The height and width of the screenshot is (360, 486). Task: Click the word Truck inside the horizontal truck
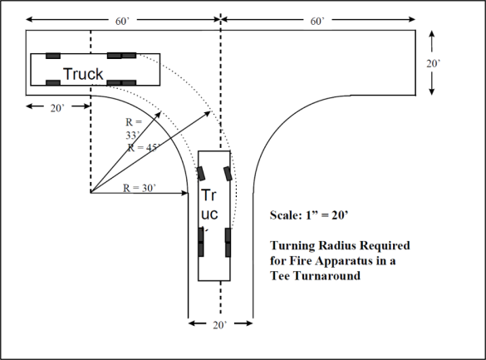83,74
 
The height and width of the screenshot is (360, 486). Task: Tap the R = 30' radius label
140,188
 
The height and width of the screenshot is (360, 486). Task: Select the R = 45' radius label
145,147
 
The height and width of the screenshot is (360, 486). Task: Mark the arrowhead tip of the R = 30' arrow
190,194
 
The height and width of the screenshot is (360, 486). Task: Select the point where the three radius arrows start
91,194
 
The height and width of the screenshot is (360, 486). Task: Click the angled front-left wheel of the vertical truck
201,174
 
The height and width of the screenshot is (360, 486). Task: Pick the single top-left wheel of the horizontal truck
53,56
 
